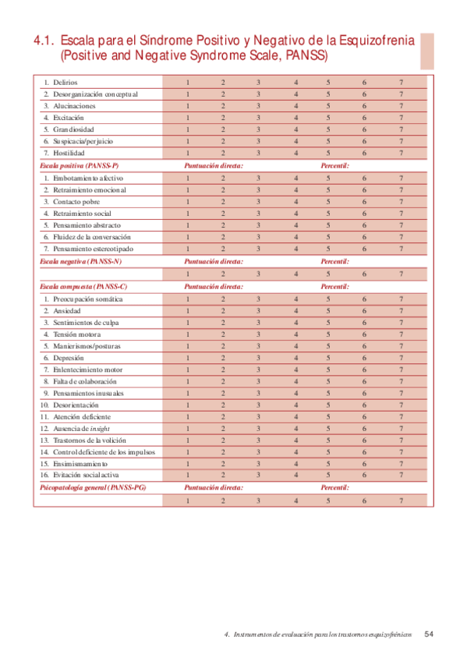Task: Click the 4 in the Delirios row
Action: pyautogui.click(x=295, y=82)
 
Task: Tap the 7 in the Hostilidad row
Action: pyautogui.click(x=401, y=153)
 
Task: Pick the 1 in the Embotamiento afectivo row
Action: pyautogui.click(x=187, y=177)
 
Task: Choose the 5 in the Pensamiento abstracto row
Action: pyautogui.click(x=328, y=224)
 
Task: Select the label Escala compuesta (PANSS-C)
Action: pyautogui.click(x=83, y=286)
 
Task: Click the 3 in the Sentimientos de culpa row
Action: pyautogui.click(x=258, y=322)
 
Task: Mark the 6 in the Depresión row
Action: pyautogui.click(x=363, y=357)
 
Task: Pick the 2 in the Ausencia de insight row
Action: pyautogui.click(x=223, y=429)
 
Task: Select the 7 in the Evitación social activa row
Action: pyautogui.click(x=401, y=475)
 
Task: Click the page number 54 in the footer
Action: pyautogui.click(x=429, y=634)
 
